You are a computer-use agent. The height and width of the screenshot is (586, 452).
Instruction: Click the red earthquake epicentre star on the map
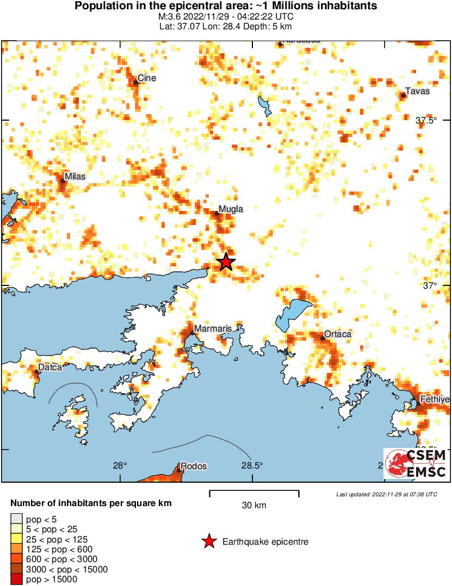click(x=226, y=262)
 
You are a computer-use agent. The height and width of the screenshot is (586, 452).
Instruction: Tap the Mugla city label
click(x=231, y=209)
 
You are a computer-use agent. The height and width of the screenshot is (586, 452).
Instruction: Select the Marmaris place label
click(x=213, y=329)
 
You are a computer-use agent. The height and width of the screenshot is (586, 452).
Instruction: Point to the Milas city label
click(x=75, y=176)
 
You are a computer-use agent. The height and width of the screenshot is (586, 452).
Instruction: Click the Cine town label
click(x=147, y=78)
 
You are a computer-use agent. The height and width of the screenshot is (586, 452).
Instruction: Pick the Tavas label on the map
click(x=418, y=91)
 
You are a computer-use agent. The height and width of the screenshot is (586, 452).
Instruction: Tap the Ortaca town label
click(x=338, y=334)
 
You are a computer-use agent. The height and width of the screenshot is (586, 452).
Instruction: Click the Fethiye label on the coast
click(x=435, y=400)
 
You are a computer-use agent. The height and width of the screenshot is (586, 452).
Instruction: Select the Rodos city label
click(x=194, y=466)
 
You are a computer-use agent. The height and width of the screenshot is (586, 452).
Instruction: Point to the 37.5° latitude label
click(x=426, y=121)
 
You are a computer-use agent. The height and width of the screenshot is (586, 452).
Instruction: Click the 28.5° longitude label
click(x=252, y=465)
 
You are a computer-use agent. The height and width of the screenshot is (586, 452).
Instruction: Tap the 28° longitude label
click(x=120, y=465)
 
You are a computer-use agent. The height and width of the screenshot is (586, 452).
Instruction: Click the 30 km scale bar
click(x=254, y=494)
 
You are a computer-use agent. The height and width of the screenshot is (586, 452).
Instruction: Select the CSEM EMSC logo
click(x=416, y=464)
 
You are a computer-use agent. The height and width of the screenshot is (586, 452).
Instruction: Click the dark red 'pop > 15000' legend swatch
click(x=16, y=579)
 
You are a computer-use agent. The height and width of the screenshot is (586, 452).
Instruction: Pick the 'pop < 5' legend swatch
click(x=16, y=520)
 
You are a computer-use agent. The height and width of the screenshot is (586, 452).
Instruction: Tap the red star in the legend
click(x=208, y=541)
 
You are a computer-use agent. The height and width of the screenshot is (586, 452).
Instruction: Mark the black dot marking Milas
click(x=63, y=181)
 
